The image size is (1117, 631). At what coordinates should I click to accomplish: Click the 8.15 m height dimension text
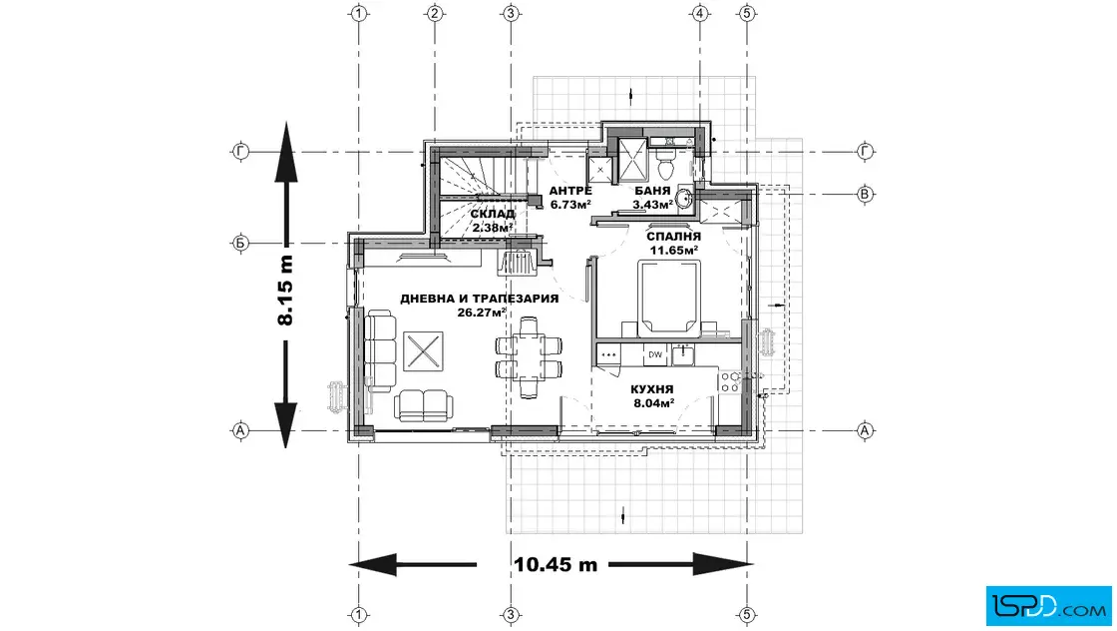point(285,291)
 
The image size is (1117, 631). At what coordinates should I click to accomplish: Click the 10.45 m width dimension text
point(556,565)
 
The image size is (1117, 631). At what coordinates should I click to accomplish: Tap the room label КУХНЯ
point(652,389)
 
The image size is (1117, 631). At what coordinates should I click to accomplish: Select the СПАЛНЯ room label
point(674,236)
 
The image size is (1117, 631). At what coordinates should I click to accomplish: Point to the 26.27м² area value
point(483,312)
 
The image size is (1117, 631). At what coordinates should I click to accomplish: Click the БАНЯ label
point(652,191)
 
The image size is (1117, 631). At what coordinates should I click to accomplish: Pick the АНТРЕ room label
point(569,191)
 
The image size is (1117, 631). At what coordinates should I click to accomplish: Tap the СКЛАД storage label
point(493,214)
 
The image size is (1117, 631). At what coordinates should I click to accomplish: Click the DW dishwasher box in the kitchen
point(654,354)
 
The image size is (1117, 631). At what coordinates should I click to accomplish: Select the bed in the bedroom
point(668,298)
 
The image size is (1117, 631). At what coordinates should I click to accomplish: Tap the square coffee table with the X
point(423,350)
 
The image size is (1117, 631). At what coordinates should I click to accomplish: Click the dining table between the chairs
point(529,356)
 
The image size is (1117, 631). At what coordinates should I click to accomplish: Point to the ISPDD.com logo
point(1048,606)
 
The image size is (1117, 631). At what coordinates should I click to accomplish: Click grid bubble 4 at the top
point(700,13)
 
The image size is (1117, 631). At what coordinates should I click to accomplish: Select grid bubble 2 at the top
point(435,13)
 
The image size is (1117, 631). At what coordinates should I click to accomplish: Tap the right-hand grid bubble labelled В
point(865,194)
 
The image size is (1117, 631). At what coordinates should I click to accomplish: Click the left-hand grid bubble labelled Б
point(240,244)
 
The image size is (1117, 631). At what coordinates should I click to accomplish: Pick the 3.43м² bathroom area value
point(652,205)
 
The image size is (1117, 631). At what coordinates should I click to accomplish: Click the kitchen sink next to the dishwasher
point(683,354)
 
